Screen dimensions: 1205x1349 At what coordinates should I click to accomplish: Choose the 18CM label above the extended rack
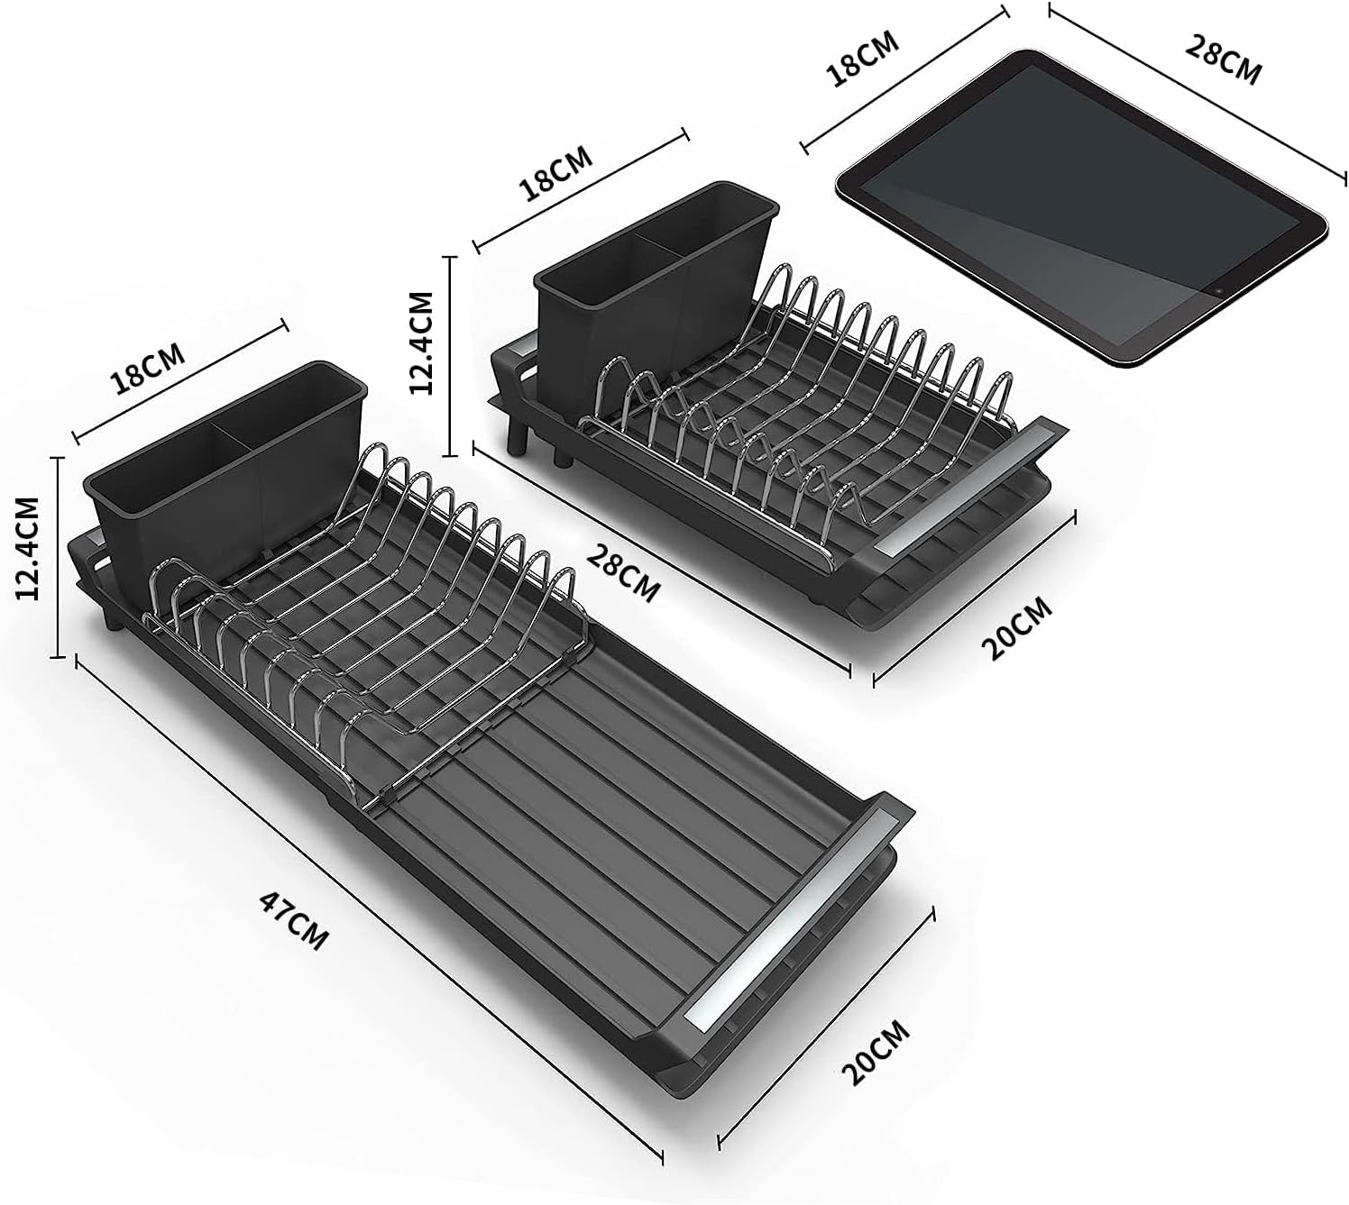tap(147, 368)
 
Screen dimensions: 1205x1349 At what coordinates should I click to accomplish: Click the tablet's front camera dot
tap(1217, 292)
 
